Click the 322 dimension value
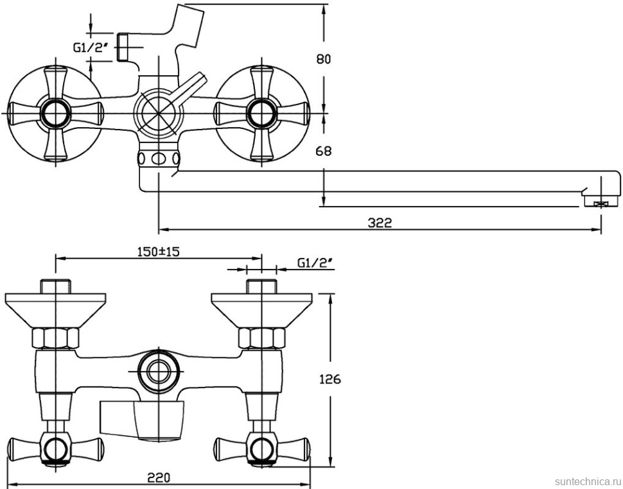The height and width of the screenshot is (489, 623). [380, 223]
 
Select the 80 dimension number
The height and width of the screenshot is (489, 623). [324, 59]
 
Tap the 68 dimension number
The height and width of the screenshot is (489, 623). [324, 151]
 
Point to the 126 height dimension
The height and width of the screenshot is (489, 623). [330, 379]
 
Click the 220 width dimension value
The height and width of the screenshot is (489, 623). [159, 477]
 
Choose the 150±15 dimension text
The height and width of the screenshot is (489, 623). [158, 252]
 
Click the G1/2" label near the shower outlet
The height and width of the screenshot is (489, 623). [91, 47]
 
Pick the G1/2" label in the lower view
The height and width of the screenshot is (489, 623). [315, 262]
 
